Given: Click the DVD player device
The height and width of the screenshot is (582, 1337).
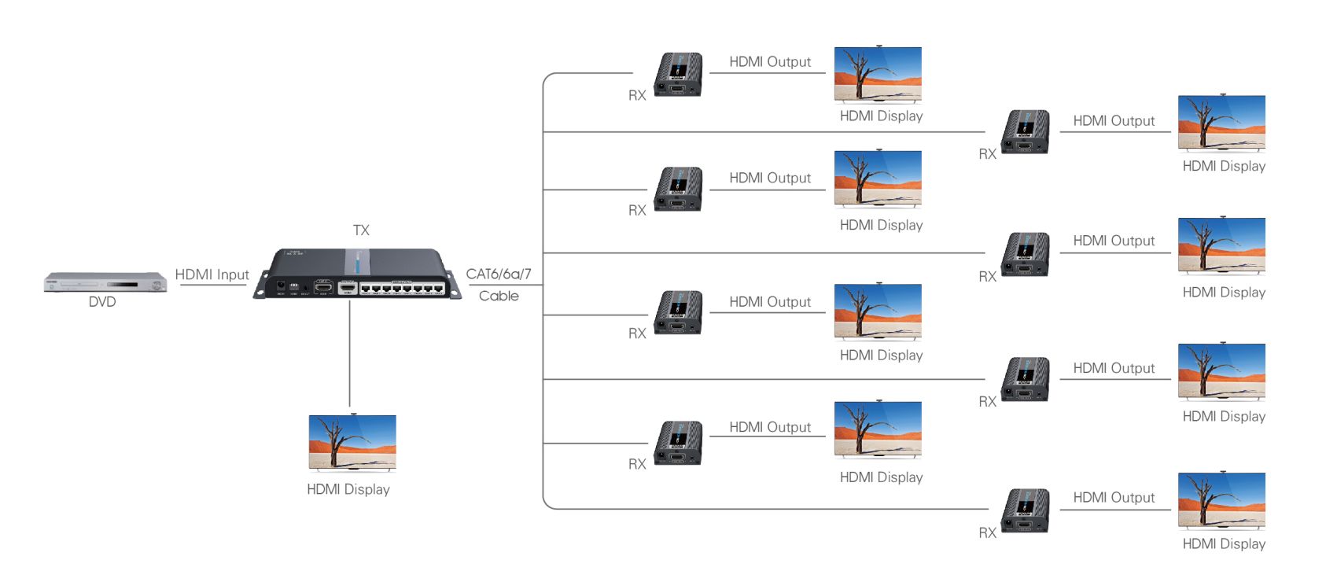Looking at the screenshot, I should (105, 282).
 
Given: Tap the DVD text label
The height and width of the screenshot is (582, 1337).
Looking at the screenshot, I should (102, 302).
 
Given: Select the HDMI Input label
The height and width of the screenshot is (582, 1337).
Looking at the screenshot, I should (212, 274).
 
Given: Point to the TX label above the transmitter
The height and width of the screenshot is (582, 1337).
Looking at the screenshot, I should (361, 230).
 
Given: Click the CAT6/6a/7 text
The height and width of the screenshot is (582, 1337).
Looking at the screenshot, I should (499, 274).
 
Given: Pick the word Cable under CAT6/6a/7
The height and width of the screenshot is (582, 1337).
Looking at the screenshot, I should (499, 296).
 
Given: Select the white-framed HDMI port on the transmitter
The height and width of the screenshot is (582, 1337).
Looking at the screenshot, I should (347, 287).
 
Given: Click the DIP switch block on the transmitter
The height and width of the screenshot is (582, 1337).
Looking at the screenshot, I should (294, 287).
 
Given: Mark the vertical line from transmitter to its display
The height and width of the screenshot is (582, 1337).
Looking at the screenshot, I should (350, 354).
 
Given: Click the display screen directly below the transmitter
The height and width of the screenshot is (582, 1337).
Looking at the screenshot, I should (352, 442).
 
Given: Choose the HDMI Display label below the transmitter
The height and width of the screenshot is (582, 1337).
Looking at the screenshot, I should (348, 489).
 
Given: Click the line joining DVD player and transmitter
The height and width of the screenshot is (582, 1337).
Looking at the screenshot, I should (212, 285).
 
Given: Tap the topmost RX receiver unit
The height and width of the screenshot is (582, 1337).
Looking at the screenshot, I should (679, 75).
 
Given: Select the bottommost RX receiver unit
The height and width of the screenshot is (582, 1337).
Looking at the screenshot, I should (1026, 510).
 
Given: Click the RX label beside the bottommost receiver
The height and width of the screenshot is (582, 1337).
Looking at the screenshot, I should (987, 533).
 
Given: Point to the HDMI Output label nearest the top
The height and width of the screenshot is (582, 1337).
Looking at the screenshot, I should (770, 62).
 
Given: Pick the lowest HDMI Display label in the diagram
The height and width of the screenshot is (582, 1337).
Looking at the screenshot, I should (1224, 544).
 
